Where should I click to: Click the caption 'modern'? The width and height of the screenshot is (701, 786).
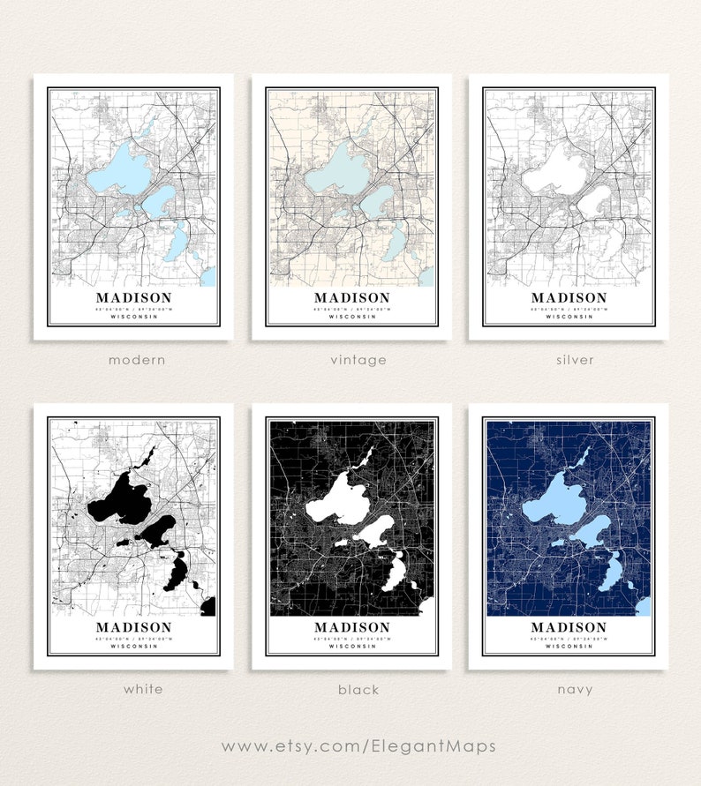click(137, 360)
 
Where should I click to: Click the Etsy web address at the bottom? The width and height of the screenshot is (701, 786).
click(358, 746)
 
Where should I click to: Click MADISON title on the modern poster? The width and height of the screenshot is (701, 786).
click(133, 298)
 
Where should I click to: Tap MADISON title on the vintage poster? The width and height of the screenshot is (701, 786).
click(351, 298)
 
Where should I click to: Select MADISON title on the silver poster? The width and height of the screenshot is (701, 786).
click(569, 298)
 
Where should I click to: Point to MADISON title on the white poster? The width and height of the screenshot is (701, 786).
click(133, 628)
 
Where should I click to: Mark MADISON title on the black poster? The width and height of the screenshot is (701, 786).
click(351, 628)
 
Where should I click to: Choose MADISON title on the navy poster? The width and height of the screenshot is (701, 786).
click(569, 628)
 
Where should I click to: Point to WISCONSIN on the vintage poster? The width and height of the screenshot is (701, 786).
click(351, 317)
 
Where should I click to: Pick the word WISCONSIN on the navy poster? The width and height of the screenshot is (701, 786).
click(569, 647)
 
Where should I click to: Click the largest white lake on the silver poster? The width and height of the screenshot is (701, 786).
click(556, 171)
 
